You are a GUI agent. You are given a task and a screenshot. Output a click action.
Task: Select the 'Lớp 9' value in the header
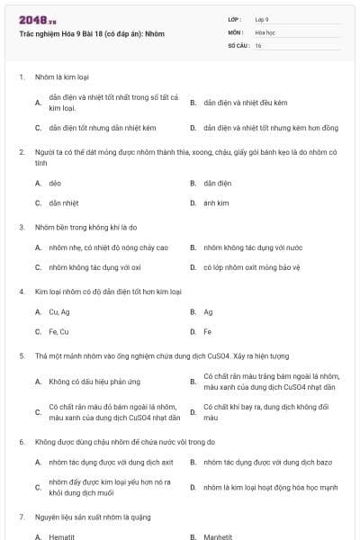click(262, 19)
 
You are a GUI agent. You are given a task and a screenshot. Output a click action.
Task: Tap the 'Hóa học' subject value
click(265, 31)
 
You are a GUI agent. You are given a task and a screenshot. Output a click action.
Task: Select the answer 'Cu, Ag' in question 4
click(59, 311)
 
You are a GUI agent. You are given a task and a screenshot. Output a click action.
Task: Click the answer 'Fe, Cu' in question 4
click(58, 331)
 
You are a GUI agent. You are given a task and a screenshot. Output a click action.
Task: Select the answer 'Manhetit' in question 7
click(218, 536)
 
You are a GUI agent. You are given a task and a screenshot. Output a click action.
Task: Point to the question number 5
click(22, 355)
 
